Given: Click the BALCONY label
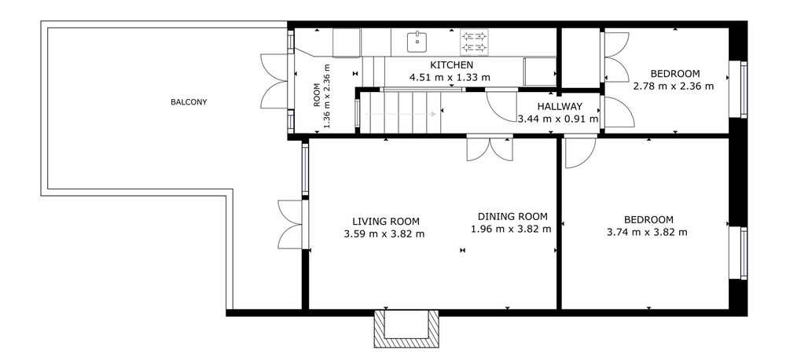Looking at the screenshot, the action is (x=189, y=102).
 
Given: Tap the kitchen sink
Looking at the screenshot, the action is (x=417, y=42).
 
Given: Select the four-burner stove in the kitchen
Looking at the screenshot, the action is (x=474, y=42).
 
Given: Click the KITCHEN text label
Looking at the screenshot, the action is (x=452, y=65).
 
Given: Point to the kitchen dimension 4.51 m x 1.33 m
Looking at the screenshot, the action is (x=450, y=77).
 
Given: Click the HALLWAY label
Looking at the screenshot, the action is (x=560, y=106).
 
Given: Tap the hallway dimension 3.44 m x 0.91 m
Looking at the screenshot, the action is (x=558, y=119).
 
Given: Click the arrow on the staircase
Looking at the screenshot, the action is (x=400, y=114).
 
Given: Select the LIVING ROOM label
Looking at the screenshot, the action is (x=385, y=221).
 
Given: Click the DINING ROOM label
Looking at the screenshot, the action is (x=512, y=217).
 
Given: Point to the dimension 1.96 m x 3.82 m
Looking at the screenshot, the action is (x=512, y=230).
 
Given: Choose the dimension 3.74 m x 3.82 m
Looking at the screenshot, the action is (x=647, y=232).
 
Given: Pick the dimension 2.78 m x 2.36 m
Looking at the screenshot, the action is (x=674, y=86).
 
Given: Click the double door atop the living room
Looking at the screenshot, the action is (x=490, y=149).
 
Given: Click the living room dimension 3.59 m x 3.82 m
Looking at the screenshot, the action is (x=384, y=233).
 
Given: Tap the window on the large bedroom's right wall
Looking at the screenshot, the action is (x=744, y=252).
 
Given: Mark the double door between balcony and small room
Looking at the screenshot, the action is (x=274, y=80).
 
